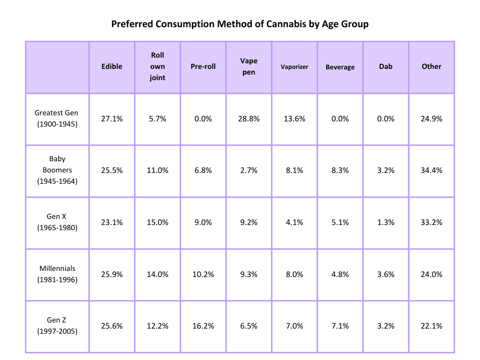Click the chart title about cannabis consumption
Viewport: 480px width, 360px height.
tap(240, 24)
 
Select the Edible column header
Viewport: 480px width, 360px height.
tap(112, 67)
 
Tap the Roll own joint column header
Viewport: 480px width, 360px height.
tap(157, 67)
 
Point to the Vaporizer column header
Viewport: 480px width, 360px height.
tap(294, 67)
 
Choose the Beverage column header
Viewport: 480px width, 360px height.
tap(340, 67)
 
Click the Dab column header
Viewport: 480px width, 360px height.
tap(386, 67)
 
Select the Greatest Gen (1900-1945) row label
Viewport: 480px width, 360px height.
tap(57, 119)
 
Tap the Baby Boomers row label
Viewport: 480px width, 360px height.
tap(57, 170)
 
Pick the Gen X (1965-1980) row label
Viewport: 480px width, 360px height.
tap(57, 222)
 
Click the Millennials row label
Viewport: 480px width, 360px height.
tap(57, 274)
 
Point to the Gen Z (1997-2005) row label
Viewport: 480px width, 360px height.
tap(57, 326)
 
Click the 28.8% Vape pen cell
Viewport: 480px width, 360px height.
tap(249, 119)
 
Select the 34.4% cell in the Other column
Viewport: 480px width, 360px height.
tap(431, 171)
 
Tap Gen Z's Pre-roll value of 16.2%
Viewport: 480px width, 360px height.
tap(203, 326)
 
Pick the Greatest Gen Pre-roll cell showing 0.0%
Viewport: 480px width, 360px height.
tap(203, 119)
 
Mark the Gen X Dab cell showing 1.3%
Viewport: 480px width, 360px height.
tap(386, 223)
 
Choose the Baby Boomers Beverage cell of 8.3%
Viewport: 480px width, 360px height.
tap(340, 171)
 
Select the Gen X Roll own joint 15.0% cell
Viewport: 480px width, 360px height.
tap(157, 223)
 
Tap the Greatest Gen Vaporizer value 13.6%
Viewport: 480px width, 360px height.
tap(294, 119)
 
